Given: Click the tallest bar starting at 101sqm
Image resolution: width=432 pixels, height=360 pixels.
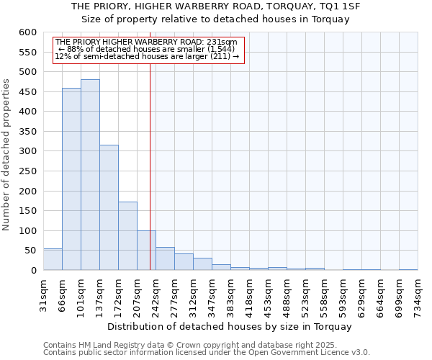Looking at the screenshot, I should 90,175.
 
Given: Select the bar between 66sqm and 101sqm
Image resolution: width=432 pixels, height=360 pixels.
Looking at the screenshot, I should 71,179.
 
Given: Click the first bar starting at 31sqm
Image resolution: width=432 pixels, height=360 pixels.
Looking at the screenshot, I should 53,259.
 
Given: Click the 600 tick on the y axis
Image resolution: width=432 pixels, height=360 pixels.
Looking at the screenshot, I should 27,32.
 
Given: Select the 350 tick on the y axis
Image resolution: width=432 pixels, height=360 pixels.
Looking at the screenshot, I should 27,132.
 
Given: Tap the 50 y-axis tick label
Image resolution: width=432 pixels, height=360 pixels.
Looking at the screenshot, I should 30,251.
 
